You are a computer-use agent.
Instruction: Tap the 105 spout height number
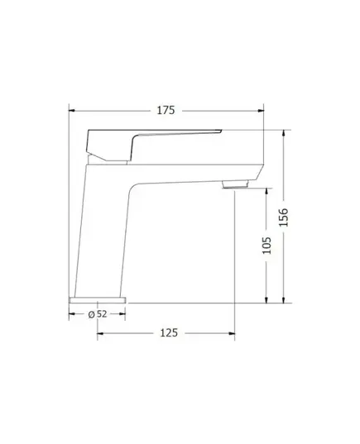(266, 246)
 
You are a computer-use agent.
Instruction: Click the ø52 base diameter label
(98, 314)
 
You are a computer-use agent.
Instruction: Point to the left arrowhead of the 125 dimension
(101, 333)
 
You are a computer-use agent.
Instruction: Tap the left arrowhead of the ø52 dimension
(71, 314)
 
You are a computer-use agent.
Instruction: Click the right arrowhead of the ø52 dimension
(125, 314)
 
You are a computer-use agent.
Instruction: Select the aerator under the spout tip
(237, 184)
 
